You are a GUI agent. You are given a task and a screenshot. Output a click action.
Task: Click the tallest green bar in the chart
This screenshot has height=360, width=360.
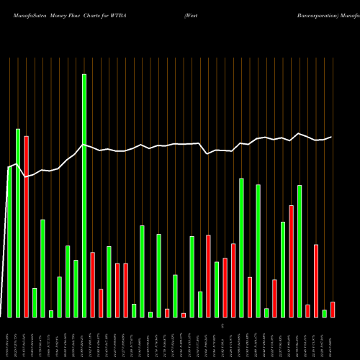tap(84, 195)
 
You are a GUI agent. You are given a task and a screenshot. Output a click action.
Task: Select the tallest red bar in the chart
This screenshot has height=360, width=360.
tap(26, 226)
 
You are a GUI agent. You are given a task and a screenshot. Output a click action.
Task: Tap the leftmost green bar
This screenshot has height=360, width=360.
tap(9, 242)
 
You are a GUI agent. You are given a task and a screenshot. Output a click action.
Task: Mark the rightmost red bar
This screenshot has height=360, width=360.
tap(333, 310)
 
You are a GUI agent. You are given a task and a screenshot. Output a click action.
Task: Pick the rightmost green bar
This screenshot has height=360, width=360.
tap(324, 313)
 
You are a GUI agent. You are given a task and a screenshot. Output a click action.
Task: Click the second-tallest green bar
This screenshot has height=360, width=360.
tap(18, 222)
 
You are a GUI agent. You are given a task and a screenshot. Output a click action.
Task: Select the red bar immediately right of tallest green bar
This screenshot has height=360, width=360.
tap(93, 284)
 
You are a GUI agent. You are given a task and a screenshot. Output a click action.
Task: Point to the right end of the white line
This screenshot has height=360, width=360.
tap(332, 137)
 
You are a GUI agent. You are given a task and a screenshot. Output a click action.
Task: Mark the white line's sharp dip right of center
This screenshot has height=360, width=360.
tap(207, 153)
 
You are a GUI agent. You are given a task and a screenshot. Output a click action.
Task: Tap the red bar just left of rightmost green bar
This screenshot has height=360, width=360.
tap(316, 281)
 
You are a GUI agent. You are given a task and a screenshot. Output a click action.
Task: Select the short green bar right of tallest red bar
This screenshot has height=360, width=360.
tap(35, 302)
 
